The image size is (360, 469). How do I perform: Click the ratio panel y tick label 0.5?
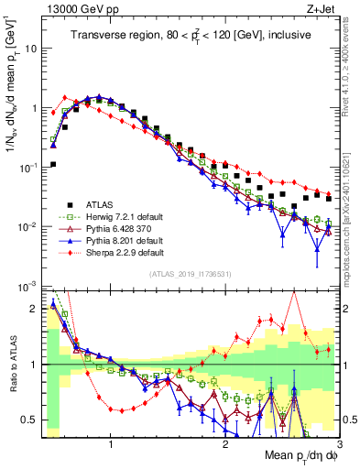pyautogui.click(x=29, y=420)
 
